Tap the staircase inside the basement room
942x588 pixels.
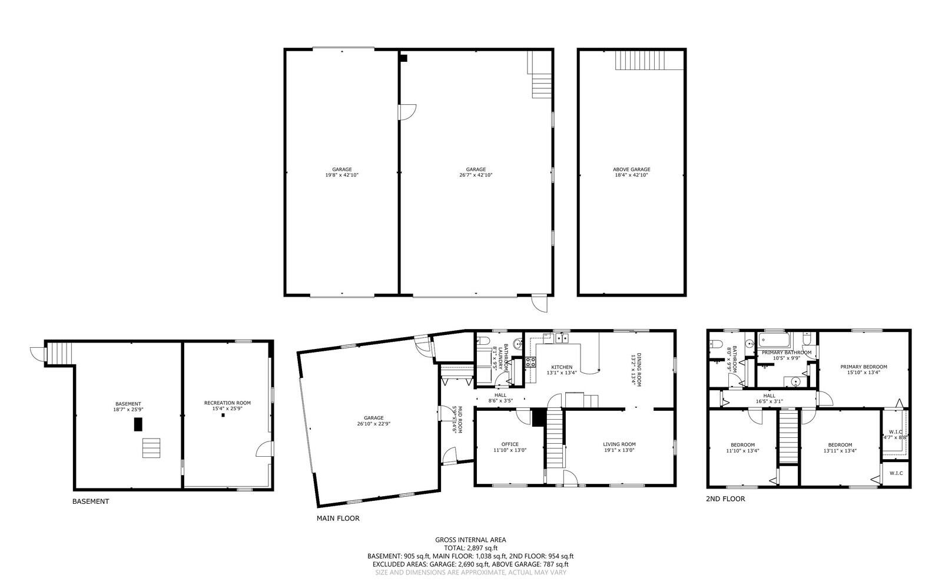pyautogui.click(x=151, y=448)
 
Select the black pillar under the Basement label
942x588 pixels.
pyautogui.click(x=138, y=424)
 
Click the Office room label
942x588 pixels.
pyautogui.click(x=510, y=444)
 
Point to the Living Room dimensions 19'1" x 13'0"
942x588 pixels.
pyautogui.click(x=619, y=450)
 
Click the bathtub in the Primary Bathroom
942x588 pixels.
pyautogui.click(x=774, y=340)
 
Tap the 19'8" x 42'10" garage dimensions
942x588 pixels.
pyautogui.click(x=341, y=175)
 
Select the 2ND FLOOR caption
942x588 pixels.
pyautogui.click(x=725, y=499)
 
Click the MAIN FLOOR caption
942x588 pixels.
pyautogui.click(x=337, y=519)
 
